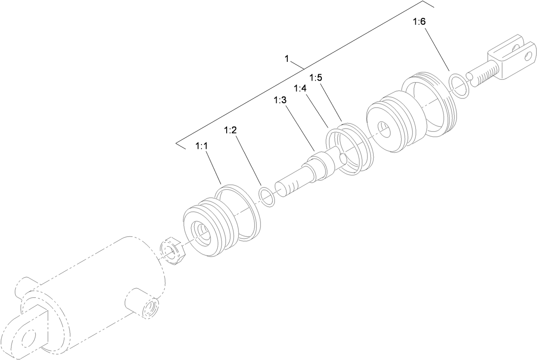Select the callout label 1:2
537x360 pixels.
click(x=230, y=131)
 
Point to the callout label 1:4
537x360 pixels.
click(x=301, y=88)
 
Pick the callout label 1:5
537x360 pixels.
click(x=315, y=78)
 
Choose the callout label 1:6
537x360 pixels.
click(x=419, y=22)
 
